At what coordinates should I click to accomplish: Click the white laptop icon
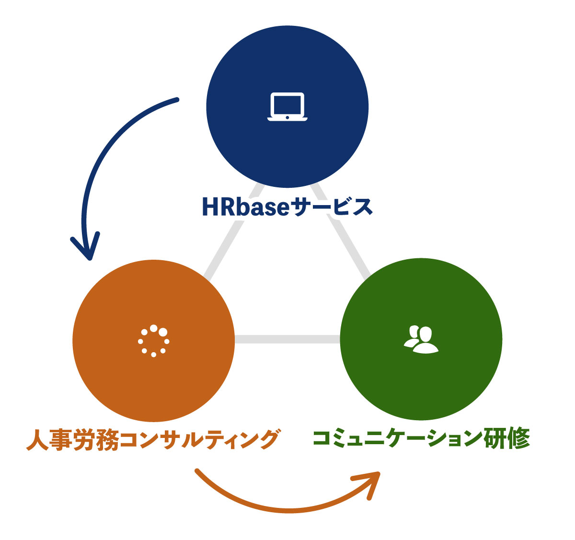[287, 106]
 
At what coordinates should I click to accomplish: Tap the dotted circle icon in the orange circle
[153, 341]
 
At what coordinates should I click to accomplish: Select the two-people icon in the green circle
[421, 339]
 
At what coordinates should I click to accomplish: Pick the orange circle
[153, 383]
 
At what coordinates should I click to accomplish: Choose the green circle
[421, 383]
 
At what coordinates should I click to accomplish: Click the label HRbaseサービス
[287, 207]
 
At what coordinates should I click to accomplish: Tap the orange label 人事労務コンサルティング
[152, 439]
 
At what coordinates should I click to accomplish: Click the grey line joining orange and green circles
[287, 339]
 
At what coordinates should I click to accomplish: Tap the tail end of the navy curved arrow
[176, 100]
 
